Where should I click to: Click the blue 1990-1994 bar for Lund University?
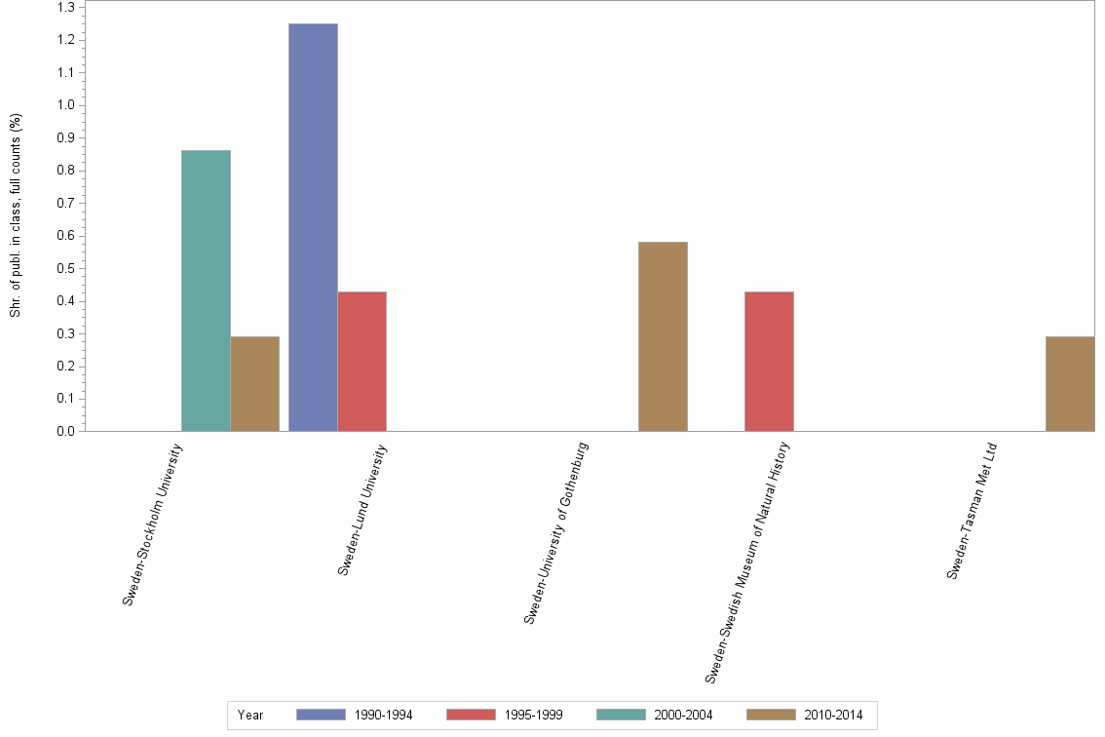[x=313, y=227]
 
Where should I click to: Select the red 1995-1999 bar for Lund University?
[x=362, y=361]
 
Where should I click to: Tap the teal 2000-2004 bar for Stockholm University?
[x=206, y=291]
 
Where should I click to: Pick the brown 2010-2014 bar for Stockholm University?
[x=254, y=383]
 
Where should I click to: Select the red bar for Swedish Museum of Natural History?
[x=769, y=361]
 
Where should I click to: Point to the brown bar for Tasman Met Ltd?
[x=1069, y=383]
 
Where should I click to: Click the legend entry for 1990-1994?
[x=355, y=715]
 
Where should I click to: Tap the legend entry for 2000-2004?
[x=655, y=715]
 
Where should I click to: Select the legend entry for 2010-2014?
[x=805, y=715]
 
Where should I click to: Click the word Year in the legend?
[x=250, y=715]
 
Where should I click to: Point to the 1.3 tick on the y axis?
[x=66, y=8]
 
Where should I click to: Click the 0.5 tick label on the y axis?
[x=66, y=268]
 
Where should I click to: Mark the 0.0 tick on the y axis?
[x=66, y=431]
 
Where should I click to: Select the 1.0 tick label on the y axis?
[x=66, y=105]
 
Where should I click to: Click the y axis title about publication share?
[x=16, y=216]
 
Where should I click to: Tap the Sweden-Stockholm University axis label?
[x=153, y=524]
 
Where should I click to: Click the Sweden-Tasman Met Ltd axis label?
[x=972, y=511]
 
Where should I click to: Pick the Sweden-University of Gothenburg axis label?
[x=556, y=532]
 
